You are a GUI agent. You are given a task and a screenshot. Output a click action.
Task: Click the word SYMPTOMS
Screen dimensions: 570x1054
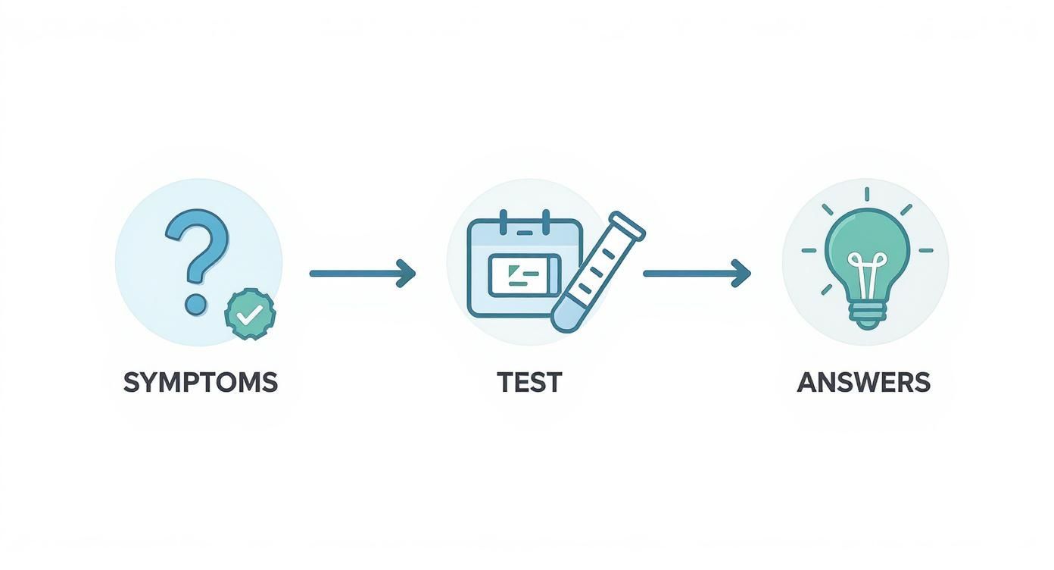[200, 382]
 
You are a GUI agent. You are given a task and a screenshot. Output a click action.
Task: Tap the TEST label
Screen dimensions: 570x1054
[529, 382]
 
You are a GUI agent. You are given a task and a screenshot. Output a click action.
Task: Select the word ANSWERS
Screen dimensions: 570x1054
[863, 382]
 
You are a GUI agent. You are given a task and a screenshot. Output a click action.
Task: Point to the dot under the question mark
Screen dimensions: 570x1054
[195, 304]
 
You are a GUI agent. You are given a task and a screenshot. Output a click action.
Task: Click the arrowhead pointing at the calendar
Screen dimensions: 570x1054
[407, 273]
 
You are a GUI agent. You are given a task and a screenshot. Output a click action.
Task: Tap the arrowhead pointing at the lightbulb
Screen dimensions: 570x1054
[741, 273]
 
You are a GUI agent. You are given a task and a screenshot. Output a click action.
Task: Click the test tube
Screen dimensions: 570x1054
[597, 273]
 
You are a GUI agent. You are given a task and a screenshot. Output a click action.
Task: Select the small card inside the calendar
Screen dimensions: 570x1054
[524, 274]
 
